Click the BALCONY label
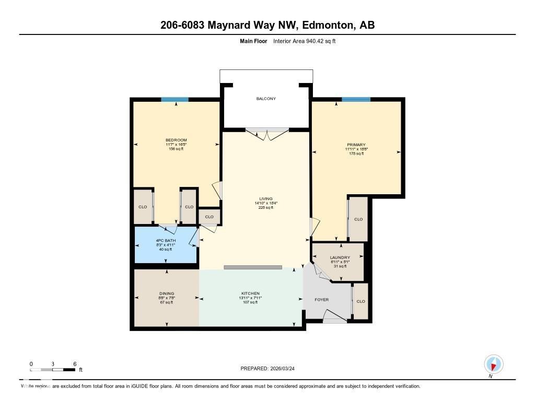(266, 99)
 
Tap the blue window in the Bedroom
(175, 100)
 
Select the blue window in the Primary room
(356, 99)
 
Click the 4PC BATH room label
(165, 241)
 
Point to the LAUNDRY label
(340, 258)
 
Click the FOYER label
(321, 300)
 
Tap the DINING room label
(167, 293)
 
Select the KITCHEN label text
(250, 293)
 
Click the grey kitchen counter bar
(252, 267)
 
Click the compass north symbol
(493, 364)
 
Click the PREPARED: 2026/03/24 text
(271, 369)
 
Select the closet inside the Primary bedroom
(358, 219)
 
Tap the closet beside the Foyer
(360, 301)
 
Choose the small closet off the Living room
(209, 217)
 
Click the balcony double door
(266, 134)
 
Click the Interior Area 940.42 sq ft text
(304, 41)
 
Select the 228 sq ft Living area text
(266, 208)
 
